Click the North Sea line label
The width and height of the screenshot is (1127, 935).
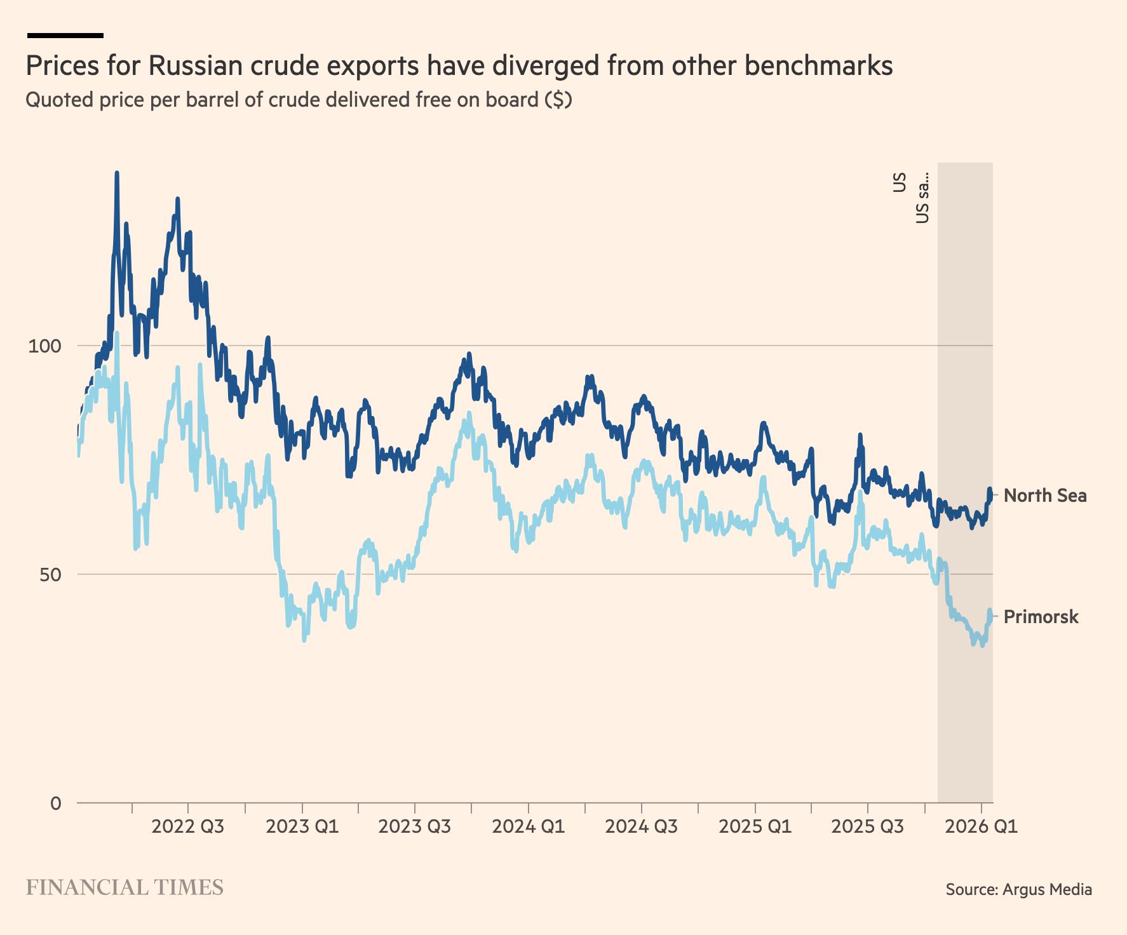pos(1044,495)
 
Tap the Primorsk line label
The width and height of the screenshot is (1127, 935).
pos(1041,617)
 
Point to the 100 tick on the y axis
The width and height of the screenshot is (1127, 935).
pos(44,346)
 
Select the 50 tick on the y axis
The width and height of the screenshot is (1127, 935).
pos(50,575)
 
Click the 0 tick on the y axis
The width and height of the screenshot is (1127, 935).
pos(56,804)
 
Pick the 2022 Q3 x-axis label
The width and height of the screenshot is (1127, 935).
pos(188,826)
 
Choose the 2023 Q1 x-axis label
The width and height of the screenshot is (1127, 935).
pos(302,826)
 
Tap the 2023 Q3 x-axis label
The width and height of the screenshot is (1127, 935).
pos(415,826)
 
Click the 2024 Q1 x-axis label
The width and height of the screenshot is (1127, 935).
pos(528,826)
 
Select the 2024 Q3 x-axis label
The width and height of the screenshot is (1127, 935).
pos(641,826)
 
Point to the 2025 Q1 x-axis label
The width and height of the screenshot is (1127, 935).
pos(755,826)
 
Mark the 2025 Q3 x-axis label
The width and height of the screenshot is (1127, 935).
pos(868,826)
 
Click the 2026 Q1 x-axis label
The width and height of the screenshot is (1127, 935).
pos(981,826)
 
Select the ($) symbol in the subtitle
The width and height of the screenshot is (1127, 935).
pos(558,100)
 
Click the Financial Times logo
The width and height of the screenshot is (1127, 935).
pos(125,887)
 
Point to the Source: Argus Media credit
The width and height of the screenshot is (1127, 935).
pos(1018,889)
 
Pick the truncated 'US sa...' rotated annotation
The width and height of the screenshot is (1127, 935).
pos(922,198)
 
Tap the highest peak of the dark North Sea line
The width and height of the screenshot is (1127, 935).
pos(117,173)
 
